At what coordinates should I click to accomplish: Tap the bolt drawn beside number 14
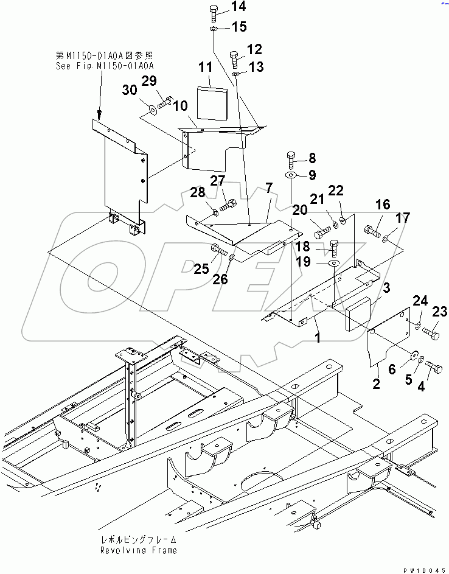coord(213,12)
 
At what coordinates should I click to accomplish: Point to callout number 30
coord(130,91)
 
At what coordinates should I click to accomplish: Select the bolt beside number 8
coord(291,160)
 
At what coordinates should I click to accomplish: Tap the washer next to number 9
coord(291,175)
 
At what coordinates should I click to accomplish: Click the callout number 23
coord(439,312)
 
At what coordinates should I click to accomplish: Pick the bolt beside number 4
coord(436,365)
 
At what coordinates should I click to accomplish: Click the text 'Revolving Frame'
coord(139,550)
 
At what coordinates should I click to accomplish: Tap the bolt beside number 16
coord(372,232)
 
